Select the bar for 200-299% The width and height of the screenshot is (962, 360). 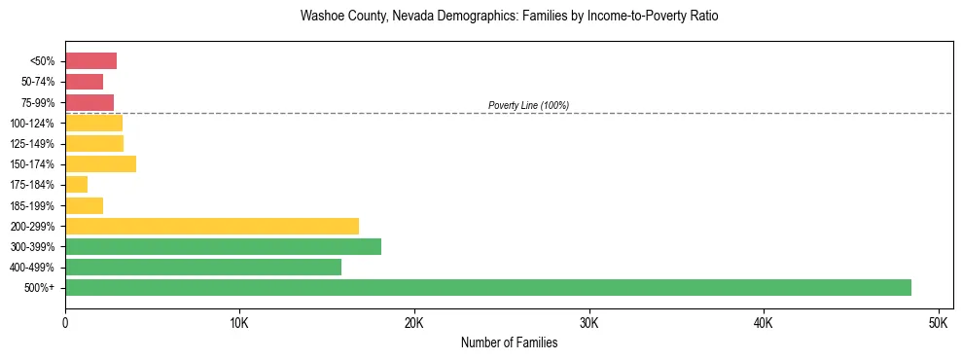point(212,226)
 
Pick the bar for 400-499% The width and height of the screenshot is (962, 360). point(203,267)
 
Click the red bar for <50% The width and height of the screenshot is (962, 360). point(90,61)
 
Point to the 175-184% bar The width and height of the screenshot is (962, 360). point(76,185)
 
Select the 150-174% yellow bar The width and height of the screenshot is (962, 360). point(100,164)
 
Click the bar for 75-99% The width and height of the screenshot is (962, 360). point(89,102)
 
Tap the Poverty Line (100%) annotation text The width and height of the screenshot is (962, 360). point(528,105)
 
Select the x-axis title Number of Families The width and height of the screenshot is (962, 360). point(509,342)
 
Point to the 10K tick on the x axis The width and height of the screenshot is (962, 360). point(239,322)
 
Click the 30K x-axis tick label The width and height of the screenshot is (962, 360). point(588,322)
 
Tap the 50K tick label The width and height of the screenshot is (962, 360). point(938,322)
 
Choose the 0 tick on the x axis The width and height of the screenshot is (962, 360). point(65,322)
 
